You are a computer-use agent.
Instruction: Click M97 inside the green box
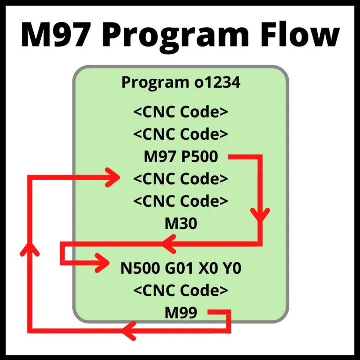click(x=159, y=157)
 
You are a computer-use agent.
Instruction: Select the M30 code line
click(x=180, y=224)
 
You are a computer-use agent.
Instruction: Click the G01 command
click(x=179, y=269)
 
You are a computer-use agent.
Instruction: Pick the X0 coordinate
click(x=210, y=269)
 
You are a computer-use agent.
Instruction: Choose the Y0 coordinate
click(x=232, y=269)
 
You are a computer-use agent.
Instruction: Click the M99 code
click(x=180, y=313)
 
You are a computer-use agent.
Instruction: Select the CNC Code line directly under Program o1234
click(x=180, y=112)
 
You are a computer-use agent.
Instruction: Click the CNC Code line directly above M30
click(x=180, y=201)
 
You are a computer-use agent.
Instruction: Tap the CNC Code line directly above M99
click(x=180, y=291)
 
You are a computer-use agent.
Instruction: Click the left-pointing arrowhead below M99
click(x=129, y=331)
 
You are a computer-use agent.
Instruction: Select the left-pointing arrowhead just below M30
click(x=169, y=243)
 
